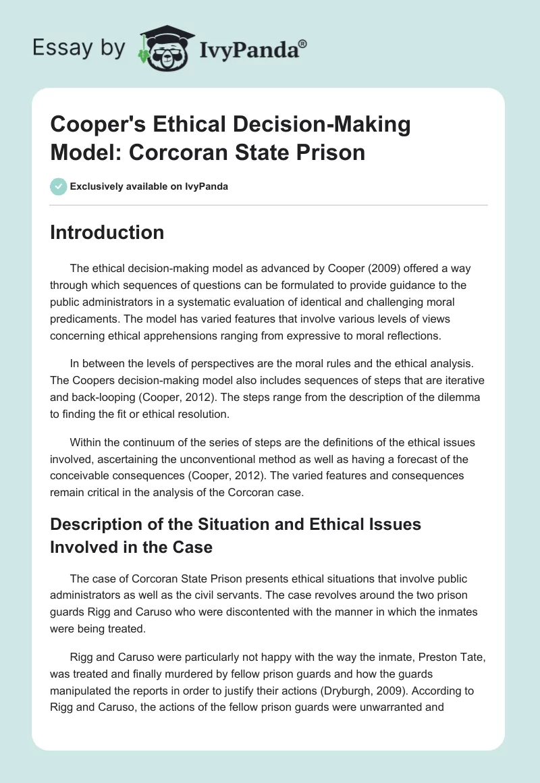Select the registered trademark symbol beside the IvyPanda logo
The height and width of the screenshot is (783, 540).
coord(303,43)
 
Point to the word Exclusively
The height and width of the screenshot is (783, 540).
coord(96,186)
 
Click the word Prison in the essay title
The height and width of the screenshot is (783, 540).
coord(333,152)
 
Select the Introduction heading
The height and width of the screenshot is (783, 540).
coord(107,233)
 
